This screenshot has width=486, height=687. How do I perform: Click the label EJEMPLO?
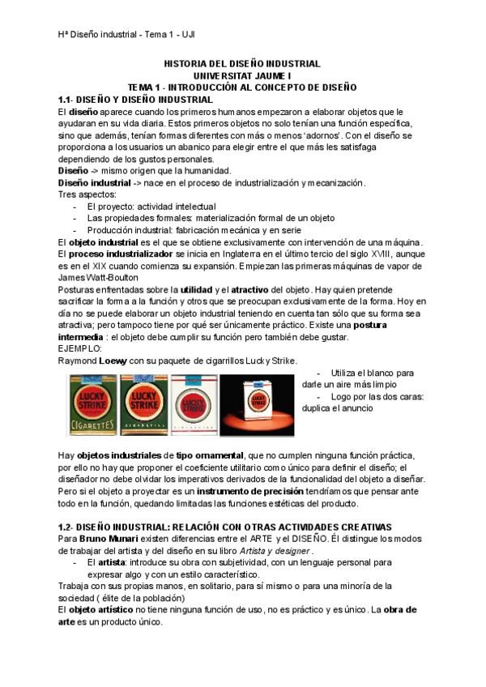point(81,348)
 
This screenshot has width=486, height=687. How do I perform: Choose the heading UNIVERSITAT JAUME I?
point(242,75)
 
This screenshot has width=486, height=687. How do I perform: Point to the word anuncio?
point(354,409)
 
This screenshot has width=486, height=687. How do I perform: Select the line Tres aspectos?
point(87,195)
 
